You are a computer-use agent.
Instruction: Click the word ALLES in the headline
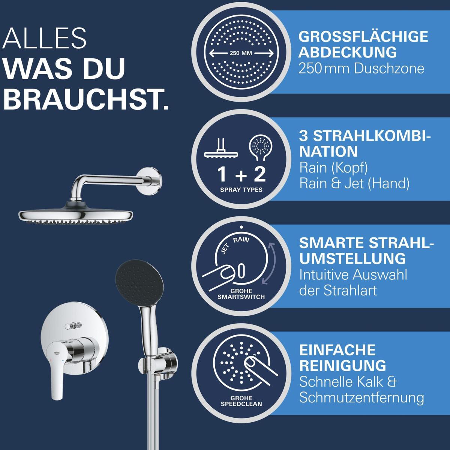click(x=44, y=38)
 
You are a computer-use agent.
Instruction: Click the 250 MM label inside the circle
click(x=241, y=53)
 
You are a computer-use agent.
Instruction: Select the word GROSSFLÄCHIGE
click(x=363, y=37)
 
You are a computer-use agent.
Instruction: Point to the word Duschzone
click(x=389, y=69)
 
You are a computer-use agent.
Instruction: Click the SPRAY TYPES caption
click(x=241, y=190)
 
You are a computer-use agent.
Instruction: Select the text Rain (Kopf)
click(x=333, y=168)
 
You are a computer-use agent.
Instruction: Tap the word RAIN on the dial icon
click(x=241, y=240)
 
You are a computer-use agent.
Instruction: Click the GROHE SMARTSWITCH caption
click(x=241, y=294)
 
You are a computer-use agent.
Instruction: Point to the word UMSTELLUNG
click(x=352, y=258)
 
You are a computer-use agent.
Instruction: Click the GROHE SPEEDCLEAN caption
click(x=241, y=401)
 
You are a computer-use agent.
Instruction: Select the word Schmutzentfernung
click(x=361, y=398)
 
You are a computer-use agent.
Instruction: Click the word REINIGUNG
click(x=343, y=366)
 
